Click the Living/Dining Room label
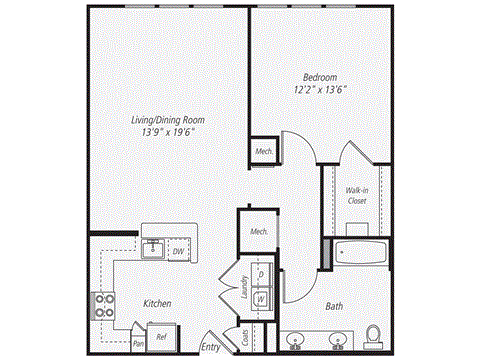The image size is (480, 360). [165, 120]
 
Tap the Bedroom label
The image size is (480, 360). [321, 76]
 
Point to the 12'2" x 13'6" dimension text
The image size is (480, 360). [321, 89]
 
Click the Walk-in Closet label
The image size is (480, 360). [357, 195]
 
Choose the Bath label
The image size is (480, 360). [335, 307]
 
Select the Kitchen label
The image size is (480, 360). [155, 303]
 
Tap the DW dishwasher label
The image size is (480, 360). [178, 251]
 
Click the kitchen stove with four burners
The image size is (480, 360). [103, 304]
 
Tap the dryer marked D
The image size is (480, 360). [261, 273]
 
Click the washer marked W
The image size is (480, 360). [261, 297]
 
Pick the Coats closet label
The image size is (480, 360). [244, 337]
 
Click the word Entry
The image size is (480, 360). [211, 347]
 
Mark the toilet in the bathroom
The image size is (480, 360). [373, 335]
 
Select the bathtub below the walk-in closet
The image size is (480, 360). [359, 251]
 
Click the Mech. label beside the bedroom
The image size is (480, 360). [264, 152]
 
